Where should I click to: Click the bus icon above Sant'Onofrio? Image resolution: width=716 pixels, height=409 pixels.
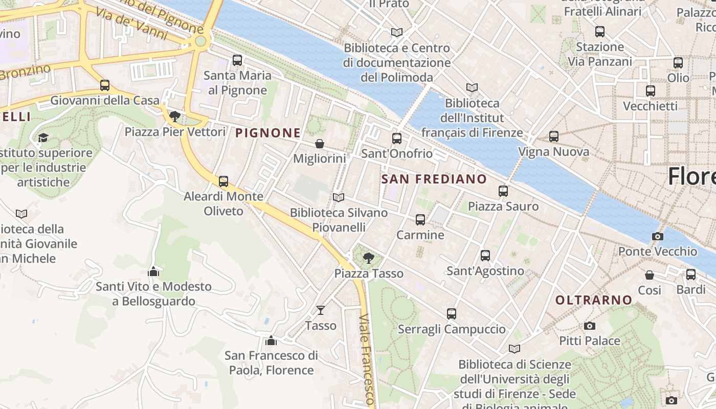click(397, 138)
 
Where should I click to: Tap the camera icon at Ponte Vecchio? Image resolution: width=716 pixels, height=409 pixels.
click(658, 236)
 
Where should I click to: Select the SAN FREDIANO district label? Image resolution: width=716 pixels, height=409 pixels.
click(434, 179)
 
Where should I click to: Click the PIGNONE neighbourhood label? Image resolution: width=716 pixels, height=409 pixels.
click(268, 133)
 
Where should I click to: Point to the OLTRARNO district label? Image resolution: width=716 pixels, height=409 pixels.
click(594, 300)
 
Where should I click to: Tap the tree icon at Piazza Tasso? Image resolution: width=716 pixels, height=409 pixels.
click(368, 258)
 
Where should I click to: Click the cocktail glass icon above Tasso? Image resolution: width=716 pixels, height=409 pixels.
click(321, 310)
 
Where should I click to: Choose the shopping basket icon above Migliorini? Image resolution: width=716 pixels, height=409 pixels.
click(320, 144)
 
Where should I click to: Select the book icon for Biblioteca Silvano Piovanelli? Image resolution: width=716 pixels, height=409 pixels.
click(338, 197)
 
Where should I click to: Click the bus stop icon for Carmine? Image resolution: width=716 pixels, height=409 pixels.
click(420, 220)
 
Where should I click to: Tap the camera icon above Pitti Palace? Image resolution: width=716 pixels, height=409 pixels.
click(590, 326)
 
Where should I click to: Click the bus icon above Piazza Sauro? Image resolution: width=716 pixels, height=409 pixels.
click(503, 191)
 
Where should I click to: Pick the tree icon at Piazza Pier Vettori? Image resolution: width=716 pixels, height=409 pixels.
click(175, 117)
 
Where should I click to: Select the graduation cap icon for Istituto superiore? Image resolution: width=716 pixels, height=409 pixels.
click(43, 138)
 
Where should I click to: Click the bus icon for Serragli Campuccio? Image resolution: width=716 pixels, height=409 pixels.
click(451, 314)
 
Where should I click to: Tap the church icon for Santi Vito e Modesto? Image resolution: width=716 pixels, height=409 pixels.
click(153, 271)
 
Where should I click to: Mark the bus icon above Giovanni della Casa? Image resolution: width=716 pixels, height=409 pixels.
click(105, 85)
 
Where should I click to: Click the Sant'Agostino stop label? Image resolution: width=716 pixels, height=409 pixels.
click(485, 271)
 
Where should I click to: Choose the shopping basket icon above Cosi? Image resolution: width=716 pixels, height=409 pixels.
click(650, 275)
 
